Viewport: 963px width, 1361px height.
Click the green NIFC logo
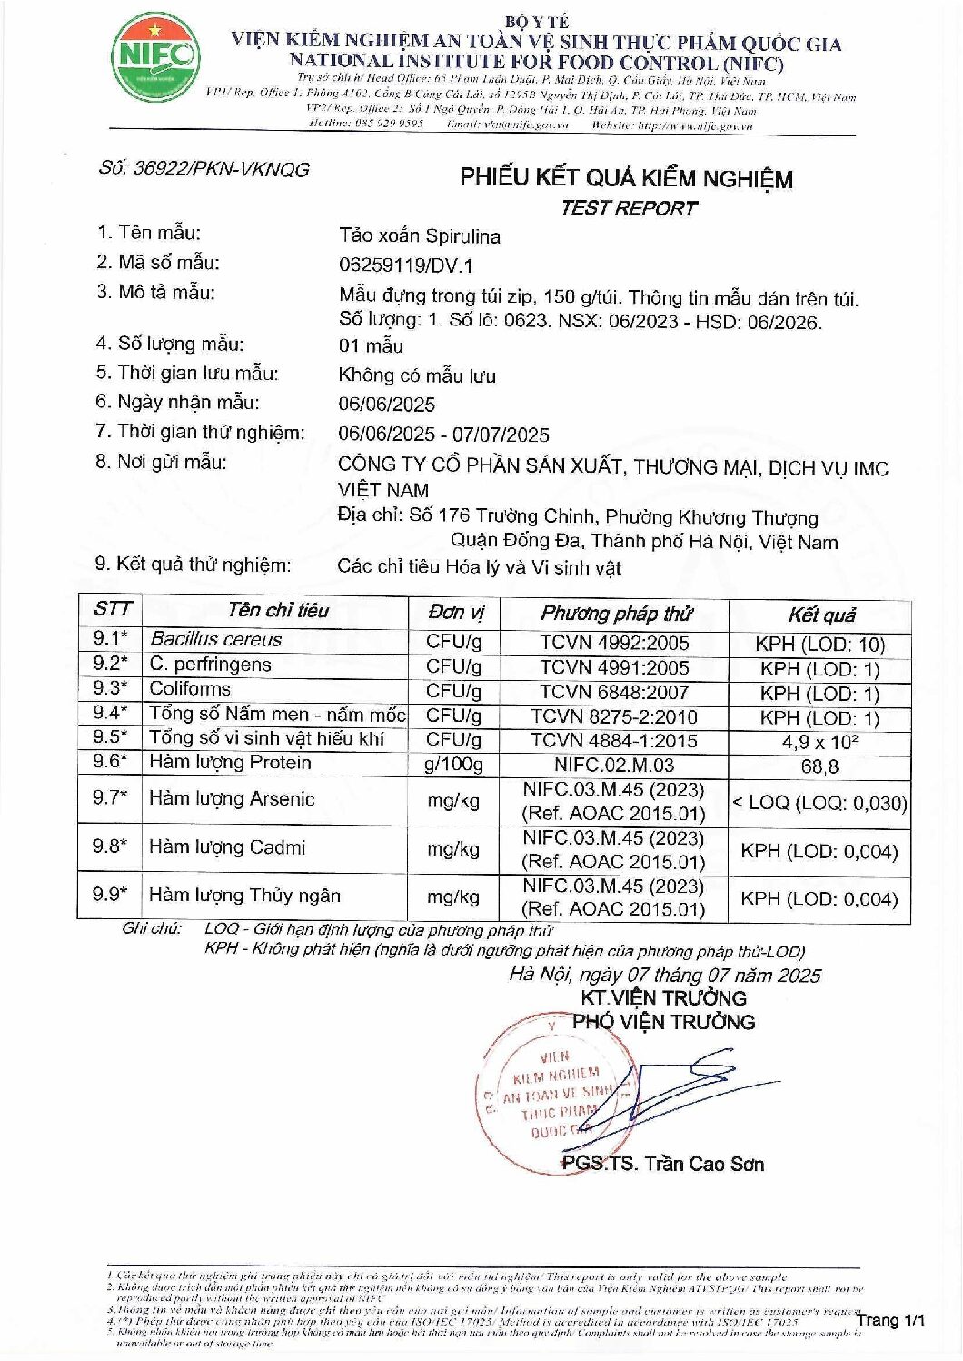pos(155,56)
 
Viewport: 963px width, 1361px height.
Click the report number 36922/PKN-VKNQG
pos(204,169)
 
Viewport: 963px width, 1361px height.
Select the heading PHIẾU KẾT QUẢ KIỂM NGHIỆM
pos(626,177)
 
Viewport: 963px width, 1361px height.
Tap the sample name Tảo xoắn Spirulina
pos(419,236)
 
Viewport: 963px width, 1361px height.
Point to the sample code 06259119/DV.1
pos(405,266)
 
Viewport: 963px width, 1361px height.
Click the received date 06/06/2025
pos(386,405)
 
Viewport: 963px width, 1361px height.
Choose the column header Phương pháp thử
pos(615,614)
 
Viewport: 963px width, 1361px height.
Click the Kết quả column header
pos(820,615)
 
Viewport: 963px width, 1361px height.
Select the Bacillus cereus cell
pos(216,639)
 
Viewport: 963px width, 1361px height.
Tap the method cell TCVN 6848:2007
pos(614,692)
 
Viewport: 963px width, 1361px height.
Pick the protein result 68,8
pos(819,766)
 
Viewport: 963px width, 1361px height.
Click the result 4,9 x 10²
pos(819,742)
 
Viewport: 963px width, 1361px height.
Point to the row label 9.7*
pos(110,798)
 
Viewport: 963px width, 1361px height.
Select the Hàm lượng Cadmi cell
pos(227,847)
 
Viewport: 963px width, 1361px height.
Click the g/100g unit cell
pos(453,765)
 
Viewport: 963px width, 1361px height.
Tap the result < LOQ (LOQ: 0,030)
pos(819,803)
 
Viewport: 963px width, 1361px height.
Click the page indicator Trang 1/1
pos(889,1320)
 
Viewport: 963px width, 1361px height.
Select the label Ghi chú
pos(152,928)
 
